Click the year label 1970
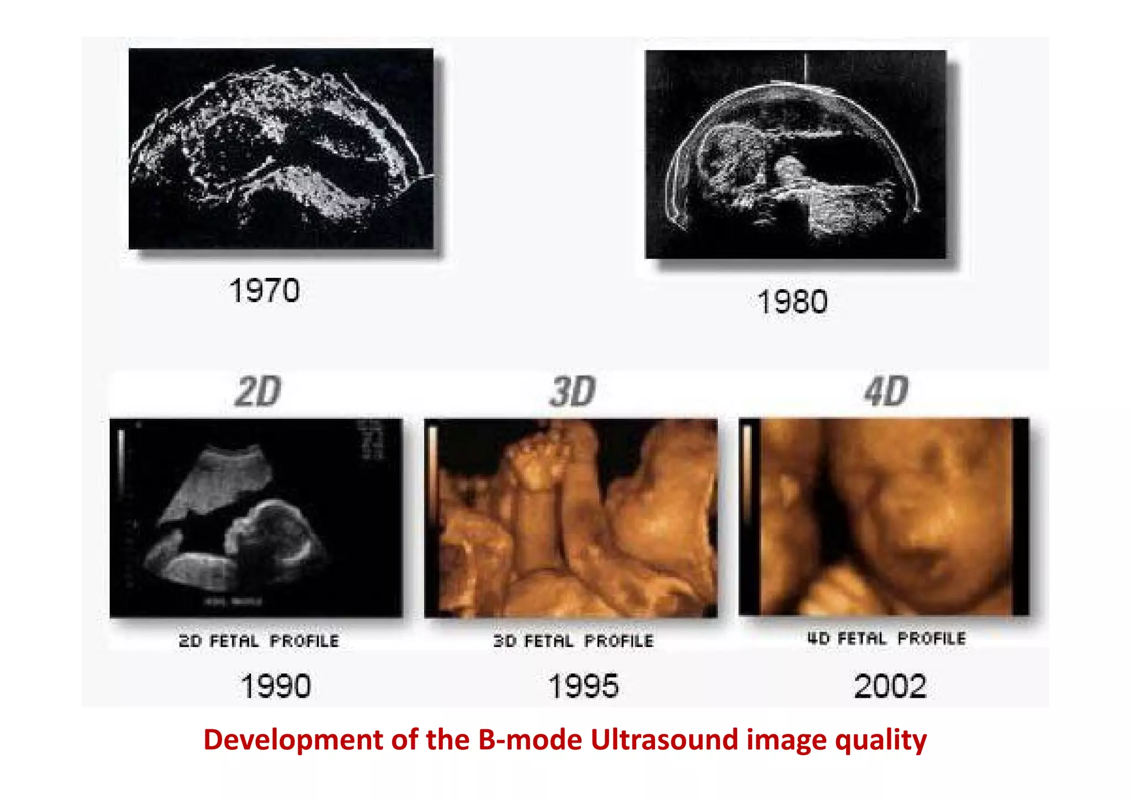(x=265, y=291)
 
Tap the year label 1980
(x=792, y=302)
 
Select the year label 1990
(x=276, y=686)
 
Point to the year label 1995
(x=583, y=686)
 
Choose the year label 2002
(x=890, y=686)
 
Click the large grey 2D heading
(x=258, y=392)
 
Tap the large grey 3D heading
(x=573, y=392)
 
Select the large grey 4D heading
(x=886, y=392)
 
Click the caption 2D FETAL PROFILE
(x=258, y=641)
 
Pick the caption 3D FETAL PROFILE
(x=573, y=641)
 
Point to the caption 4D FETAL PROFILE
(x=886, y=639)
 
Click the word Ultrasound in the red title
(x=664, y=740)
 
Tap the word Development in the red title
(x=293, y=740)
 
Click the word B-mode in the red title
(x=530, y=740)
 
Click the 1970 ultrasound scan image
(x=281, y=149)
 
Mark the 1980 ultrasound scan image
(x=795, y=154)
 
